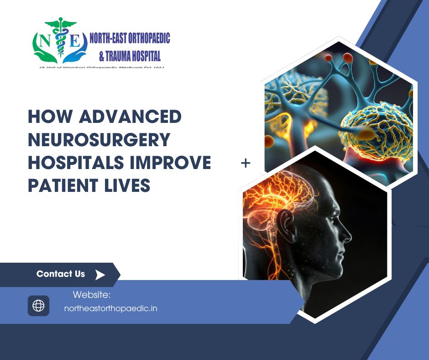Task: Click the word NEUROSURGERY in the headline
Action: (x=99, y=139)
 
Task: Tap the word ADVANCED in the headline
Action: (x=130, y=116)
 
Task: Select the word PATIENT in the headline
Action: (x=63, y=185)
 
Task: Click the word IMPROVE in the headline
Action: (x=170, y=162)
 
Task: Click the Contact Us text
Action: (x=61, y=274)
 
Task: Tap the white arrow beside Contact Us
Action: (x=100, y=275)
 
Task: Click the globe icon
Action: (x=39, y=306)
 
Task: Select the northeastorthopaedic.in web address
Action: (x=110, y=308)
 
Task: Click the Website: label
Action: (x=92, y=295)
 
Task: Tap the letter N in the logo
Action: (x=44, y=42)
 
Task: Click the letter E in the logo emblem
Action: (x=74, y=42)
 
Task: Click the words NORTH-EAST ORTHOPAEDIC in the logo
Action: (x=130, y=38)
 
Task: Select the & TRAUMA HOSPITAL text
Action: (x=130, y=56)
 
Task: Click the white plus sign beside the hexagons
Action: (x=246, y=163)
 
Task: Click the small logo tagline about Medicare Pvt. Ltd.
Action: (x=101, y=67)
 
